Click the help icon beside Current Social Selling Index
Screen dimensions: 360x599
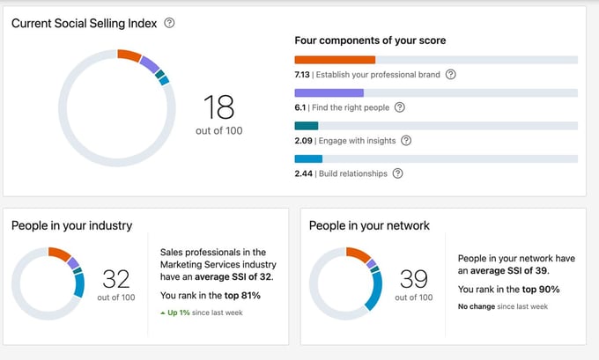(x=169, y=23)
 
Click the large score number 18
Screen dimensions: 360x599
(x=218, y=107)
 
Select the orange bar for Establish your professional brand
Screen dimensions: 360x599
(x=335, y=60)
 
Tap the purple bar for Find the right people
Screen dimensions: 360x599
(x=329, y=92)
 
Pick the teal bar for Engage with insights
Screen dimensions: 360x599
(x=306, y=126)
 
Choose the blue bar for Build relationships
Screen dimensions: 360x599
(x=308, y=159)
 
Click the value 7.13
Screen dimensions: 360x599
(x=303, y=75)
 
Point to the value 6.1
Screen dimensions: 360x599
(x=300, y=107)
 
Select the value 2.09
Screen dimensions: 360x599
(x=303, y=141)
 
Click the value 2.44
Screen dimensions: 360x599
(x=303, y=173)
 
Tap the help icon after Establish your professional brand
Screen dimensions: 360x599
(x=451, y=75)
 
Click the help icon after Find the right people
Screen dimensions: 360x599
(x=399, y=107)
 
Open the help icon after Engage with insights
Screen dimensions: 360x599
(x=406, y=141)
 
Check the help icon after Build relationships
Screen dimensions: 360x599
(x=397, y=173)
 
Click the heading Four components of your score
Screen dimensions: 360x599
(x=370, y=40)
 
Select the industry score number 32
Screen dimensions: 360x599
(x=116, y=279)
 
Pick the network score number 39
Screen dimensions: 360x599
(x=413, y=279)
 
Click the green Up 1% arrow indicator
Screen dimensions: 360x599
(x=163, y=313)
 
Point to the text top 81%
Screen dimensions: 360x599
(x=242, y=296)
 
